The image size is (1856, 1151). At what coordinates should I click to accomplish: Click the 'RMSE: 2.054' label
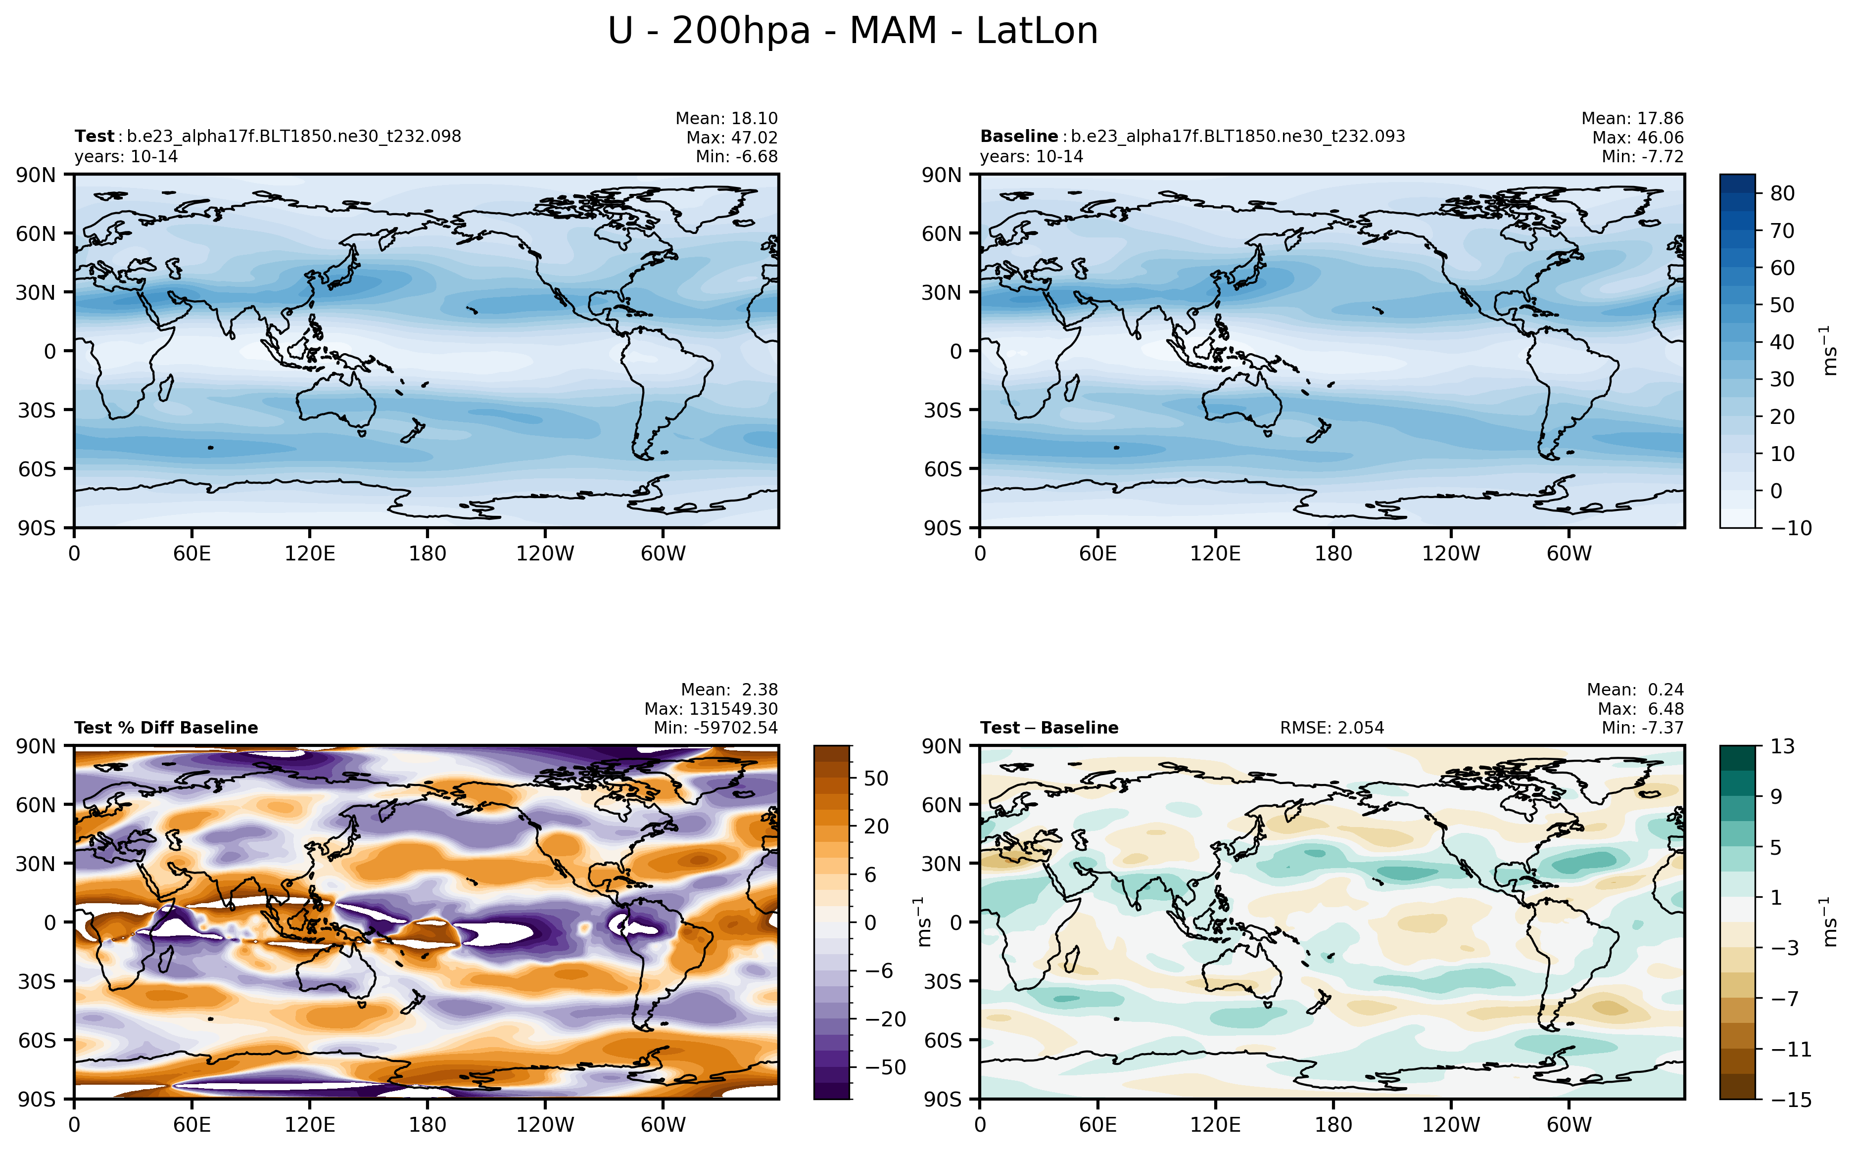coord(1332,728)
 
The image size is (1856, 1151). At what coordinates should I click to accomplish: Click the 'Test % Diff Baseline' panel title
coord(166,728)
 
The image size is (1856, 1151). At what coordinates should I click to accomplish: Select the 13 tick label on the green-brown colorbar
coord(1781,746)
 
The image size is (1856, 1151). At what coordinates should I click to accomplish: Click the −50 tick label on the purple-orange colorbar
coord(885,1067)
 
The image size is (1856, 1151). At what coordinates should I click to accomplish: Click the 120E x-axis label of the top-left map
coord(310,553)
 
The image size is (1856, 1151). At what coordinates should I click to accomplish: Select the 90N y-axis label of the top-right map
coord(941,175)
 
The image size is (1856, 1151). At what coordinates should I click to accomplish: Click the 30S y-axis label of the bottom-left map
coord(37,981)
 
